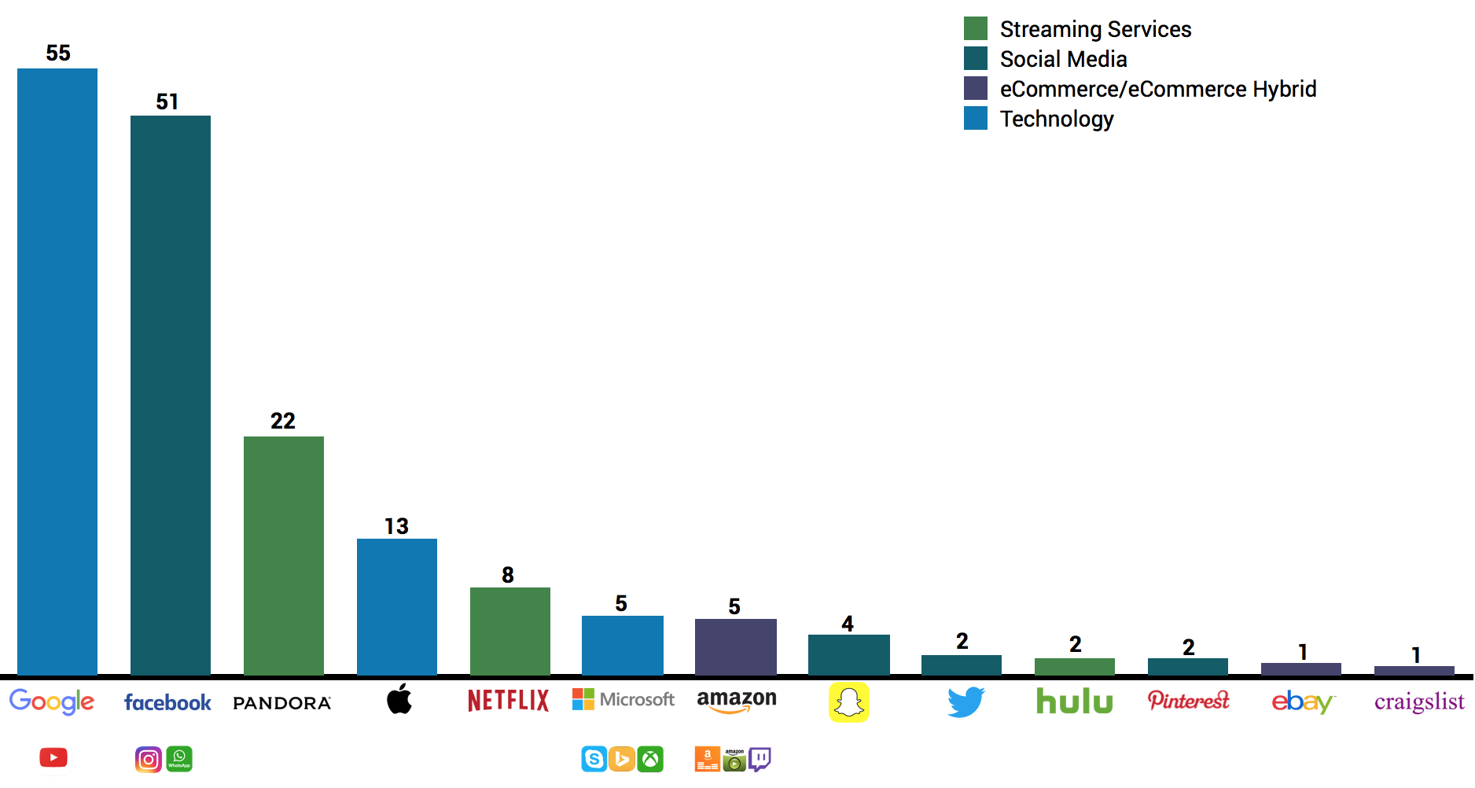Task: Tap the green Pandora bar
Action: (x=284, y=555)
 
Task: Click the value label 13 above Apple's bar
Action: (x=396, y=526)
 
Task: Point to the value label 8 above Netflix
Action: (x=508, y=575)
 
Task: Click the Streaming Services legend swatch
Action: (x=976, y=29)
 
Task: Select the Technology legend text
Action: (x=1057, y=119)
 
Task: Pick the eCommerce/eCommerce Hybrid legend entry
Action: (x=1157, y=89)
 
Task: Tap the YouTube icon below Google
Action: (x=53, y=757)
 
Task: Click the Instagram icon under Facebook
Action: (x=149, y=759)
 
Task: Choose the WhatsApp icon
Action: (x=179, y=759)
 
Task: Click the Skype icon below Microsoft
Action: (x=594, y=759)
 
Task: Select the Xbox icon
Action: (x=650, y=759)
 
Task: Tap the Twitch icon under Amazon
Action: (x=760, y=759)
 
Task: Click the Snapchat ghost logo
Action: (x=848, y=701)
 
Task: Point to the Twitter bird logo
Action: (x=966, y=701)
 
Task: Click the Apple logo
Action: (x=399, y=698)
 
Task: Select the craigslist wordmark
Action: (x=1419, y=701)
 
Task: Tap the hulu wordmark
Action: (x=1074, y=701)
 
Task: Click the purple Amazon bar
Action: (x=736, y=646)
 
